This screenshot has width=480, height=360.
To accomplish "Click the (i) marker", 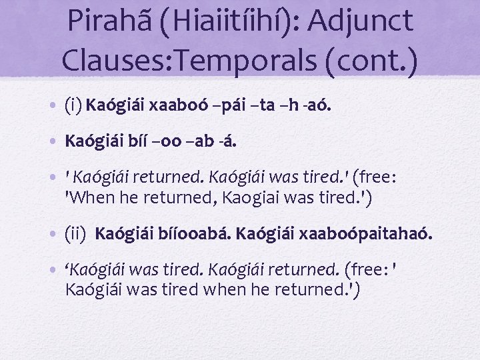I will pos(73,105).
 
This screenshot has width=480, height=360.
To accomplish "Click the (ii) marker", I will pos(76,234).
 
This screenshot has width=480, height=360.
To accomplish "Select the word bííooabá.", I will pos(198,234).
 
